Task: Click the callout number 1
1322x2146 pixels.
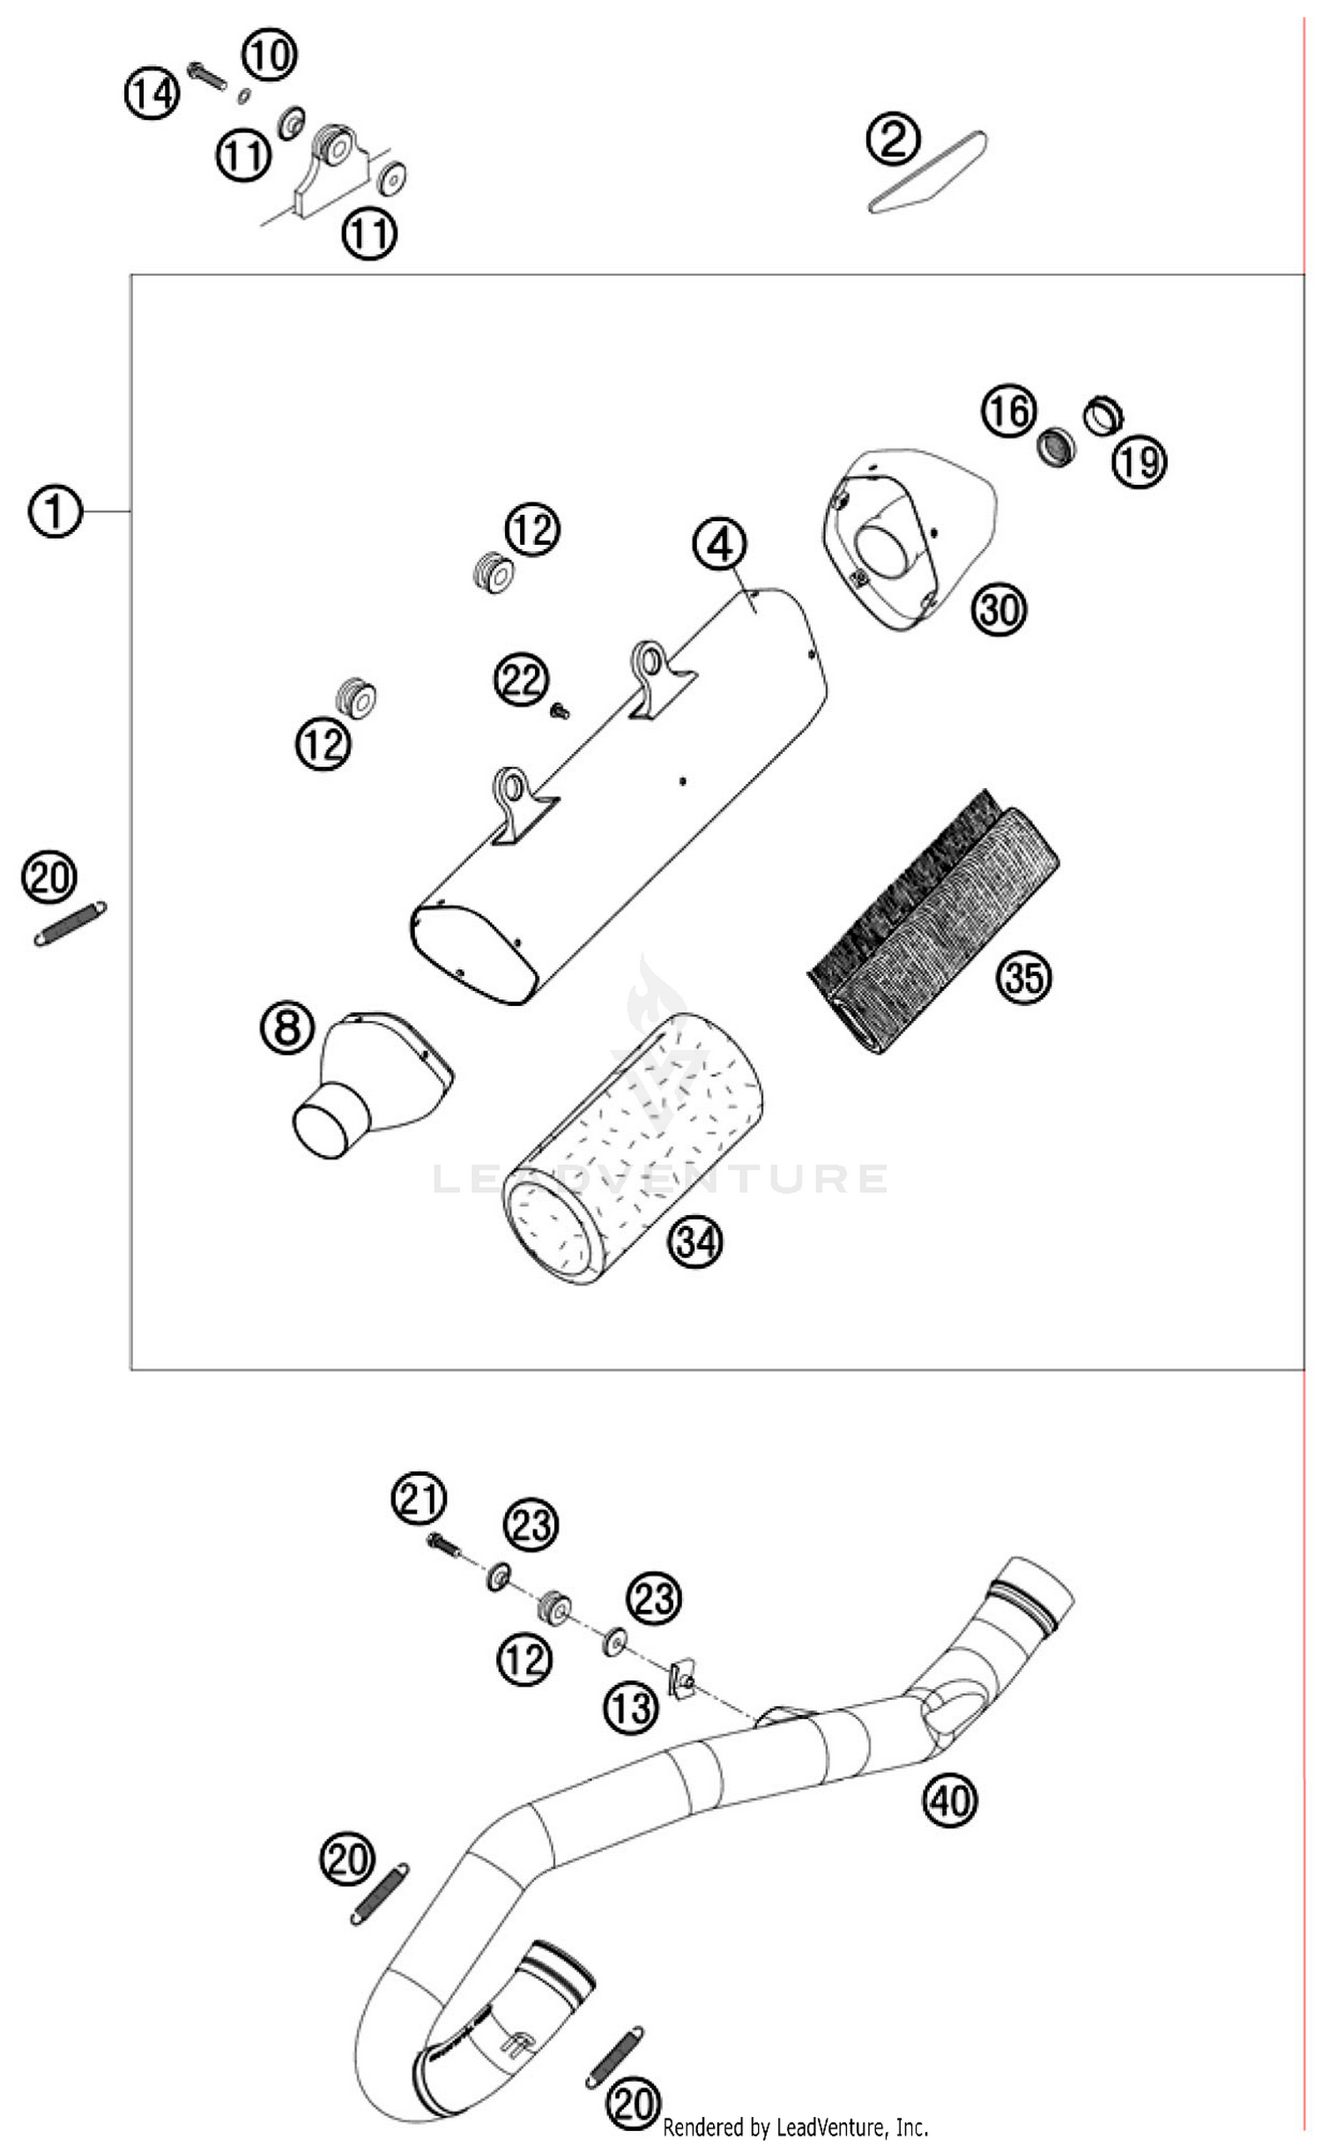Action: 55,511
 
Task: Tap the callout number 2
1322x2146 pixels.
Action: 893,139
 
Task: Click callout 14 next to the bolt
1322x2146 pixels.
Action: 152,93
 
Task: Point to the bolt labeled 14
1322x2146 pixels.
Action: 207,76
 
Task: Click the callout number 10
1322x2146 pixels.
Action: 270,55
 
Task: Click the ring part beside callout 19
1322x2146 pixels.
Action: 1103,414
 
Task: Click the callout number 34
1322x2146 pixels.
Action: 695,1242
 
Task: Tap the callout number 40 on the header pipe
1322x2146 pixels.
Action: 950,1800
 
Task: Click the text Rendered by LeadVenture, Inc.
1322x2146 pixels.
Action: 795,2127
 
